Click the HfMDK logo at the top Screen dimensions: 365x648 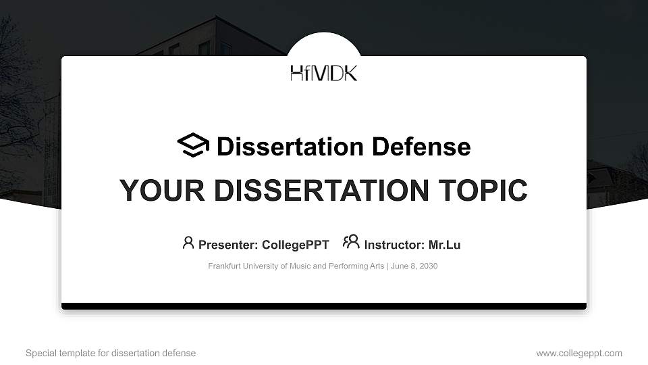tap(324, 73)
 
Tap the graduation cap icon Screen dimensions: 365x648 tap(193, 145)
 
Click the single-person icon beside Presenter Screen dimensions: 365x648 tap(188, 242)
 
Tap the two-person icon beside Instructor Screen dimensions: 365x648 tap(351, 242)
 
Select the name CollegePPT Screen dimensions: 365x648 tap(295, 245)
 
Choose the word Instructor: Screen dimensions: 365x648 tap(394, 245)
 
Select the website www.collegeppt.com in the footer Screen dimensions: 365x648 tap(579, 353)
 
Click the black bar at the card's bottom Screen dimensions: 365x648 tap(324, 306)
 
